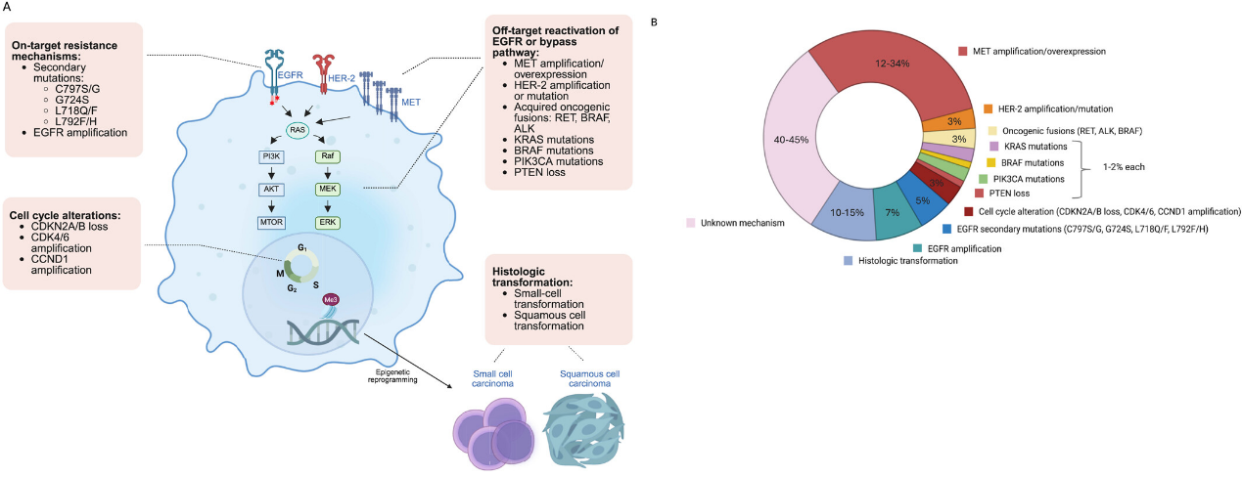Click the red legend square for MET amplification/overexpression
pos(963,50)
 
